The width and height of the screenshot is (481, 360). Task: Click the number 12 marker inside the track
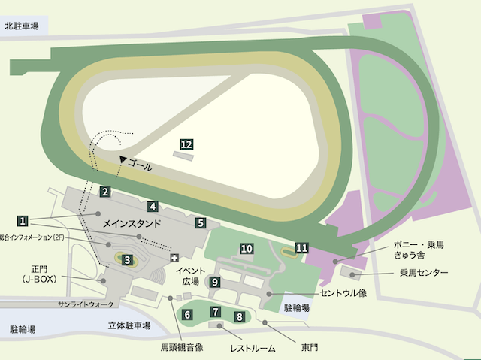pos(187,144)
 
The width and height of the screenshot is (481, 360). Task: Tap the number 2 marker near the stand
pos(106,192)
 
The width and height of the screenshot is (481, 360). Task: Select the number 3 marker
pos(127,260)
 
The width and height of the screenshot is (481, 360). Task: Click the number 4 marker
pos(152,206)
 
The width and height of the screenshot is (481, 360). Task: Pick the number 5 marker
pos(201,222)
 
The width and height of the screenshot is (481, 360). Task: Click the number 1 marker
pos(23,221)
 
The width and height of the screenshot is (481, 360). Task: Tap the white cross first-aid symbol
pos(175,258)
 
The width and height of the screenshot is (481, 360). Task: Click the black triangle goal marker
pos(123,159)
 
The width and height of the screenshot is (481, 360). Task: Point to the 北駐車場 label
pos(21,26)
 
